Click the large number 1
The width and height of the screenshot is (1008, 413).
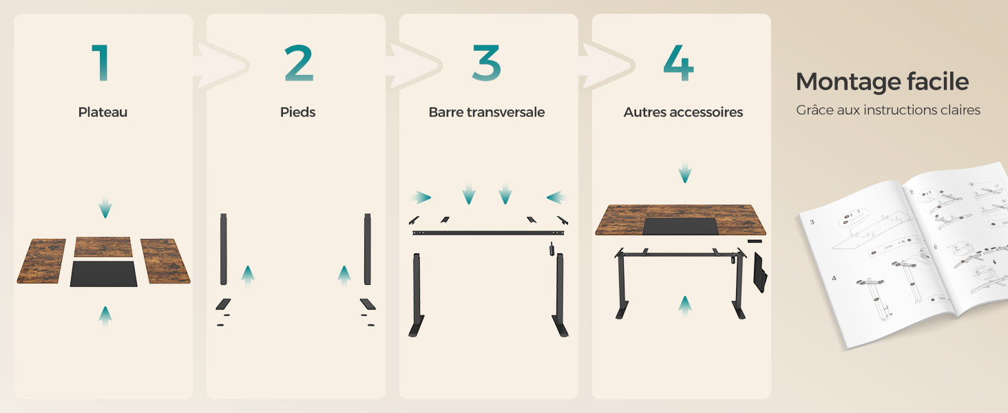101,63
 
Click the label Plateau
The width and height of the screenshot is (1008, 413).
103,112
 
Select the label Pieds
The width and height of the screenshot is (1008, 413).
297,112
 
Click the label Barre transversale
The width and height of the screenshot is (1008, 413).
486,112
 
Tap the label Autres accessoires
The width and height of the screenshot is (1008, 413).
683,112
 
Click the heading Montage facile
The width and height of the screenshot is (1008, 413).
882,82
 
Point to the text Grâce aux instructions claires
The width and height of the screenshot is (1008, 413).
888,110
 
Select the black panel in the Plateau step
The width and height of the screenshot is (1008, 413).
103,273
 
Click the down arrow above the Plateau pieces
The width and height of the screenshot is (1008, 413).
105,207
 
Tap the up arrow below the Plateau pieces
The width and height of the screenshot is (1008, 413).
105,316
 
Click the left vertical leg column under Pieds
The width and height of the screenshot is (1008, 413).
223,248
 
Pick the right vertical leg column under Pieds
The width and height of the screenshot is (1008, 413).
368,248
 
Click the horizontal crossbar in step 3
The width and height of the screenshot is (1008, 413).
486,233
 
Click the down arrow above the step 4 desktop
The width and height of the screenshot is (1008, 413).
684,173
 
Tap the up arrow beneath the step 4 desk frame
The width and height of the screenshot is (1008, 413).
684,305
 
